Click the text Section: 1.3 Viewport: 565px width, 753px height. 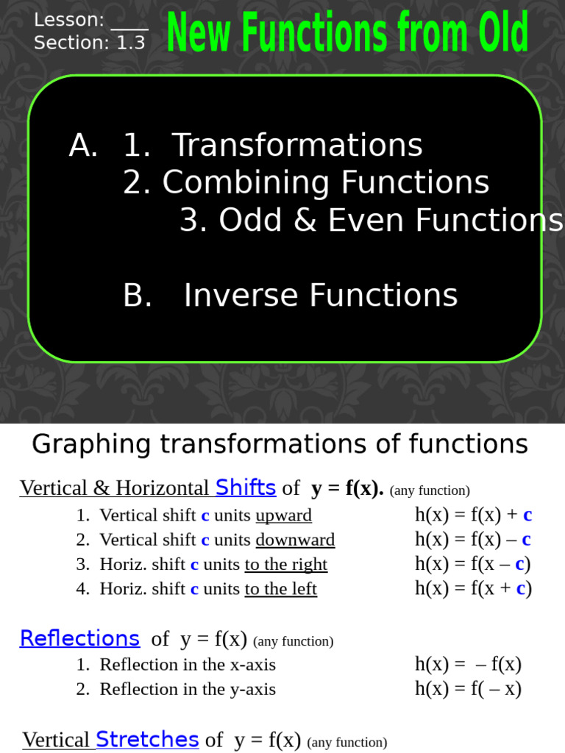pos(90,43)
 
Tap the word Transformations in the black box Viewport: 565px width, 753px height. pos(296,145)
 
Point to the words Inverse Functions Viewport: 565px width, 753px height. pos(320,295)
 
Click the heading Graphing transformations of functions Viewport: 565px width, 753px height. pos(280,443)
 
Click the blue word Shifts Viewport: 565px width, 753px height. pos(246,487)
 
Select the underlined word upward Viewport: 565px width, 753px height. pos(283,515)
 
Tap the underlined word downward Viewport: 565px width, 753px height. pos(295,540)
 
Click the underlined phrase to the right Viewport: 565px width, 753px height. pos(285,564)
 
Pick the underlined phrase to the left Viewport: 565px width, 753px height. pos(280,588)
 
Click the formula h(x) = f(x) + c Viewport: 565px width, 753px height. pos(473,515)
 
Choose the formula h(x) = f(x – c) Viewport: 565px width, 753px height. pos(473,564)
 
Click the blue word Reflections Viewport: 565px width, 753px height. pos(79,638)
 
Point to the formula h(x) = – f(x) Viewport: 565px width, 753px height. pos(468,664)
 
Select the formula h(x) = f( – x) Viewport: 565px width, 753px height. pos(468,688)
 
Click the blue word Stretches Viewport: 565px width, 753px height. pos(147,739)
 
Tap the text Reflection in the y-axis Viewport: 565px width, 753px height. pos(188,689)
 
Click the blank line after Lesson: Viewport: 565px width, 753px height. pos(129,22)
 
